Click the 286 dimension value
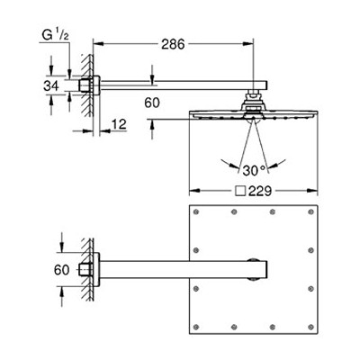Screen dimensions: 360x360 [173, 44]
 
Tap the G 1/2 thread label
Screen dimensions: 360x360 [56, 35]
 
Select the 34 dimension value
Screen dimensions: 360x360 [51, 86]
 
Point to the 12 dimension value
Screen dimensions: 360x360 [119, 124]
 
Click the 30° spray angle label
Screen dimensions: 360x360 [255, 171]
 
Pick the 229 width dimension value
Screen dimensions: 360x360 [260, 191]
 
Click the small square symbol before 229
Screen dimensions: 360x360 [240, 191]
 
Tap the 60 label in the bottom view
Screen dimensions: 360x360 [61, 270]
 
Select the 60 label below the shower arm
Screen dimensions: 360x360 [152, 103]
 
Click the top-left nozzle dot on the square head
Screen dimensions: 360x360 [196, 212]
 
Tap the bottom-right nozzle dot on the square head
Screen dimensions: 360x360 [310, 327]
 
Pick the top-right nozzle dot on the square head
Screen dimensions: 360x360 [310, 212]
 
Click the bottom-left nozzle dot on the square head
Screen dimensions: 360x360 [196, 327]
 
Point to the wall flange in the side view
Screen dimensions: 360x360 [96, 85]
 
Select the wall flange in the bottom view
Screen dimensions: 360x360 [96, 270]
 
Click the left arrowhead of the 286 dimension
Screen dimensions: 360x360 [98, 44]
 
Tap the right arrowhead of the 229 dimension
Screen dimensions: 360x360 [312, 191]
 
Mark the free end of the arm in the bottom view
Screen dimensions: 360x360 [267, 270]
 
